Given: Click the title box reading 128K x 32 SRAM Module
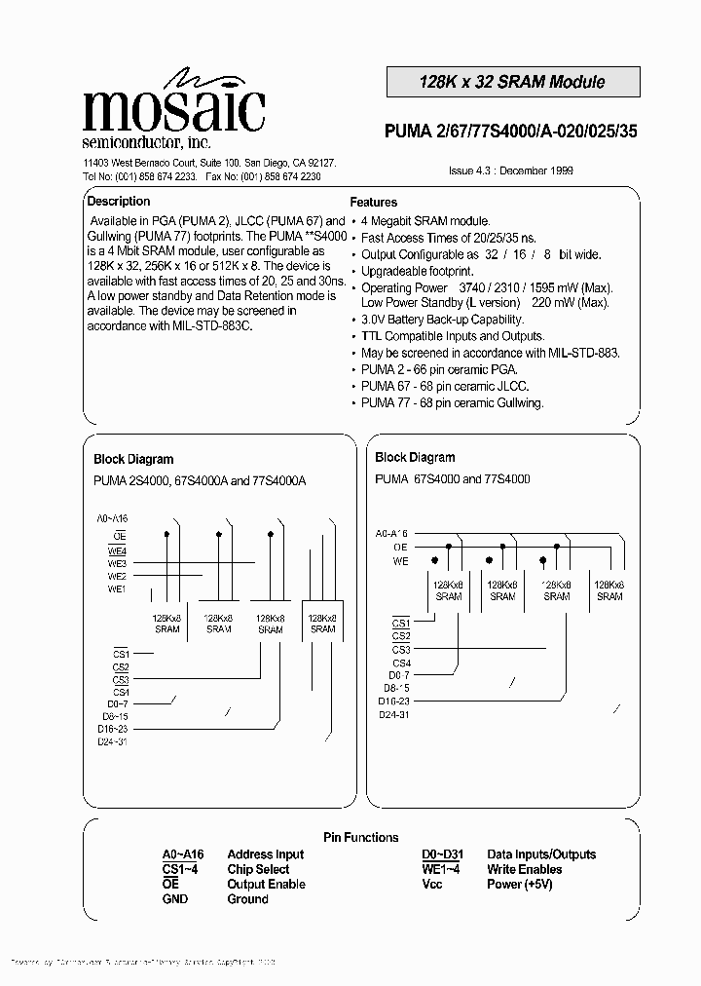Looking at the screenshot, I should coord(512,82).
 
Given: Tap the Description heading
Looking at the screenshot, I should coord(119,202).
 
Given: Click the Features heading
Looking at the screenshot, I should coord(373,203).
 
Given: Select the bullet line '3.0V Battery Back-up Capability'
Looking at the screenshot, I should coord(442,320).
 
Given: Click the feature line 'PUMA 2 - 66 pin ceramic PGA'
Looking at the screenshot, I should coord(439,371).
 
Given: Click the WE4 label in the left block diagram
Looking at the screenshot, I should coord(118,550).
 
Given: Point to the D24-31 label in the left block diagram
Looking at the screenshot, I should coord(113,741).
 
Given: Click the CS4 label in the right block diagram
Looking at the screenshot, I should coord(401,664).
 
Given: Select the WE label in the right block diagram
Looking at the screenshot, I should coord(400,561).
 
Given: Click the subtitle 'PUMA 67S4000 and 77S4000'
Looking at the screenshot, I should coord(452,479).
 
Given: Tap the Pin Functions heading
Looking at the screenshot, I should coord(360,837).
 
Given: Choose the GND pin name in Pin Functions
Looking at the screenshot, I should coord(175,899).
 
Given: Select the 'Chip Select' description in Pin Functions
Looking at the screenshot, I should coord(258,869).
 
